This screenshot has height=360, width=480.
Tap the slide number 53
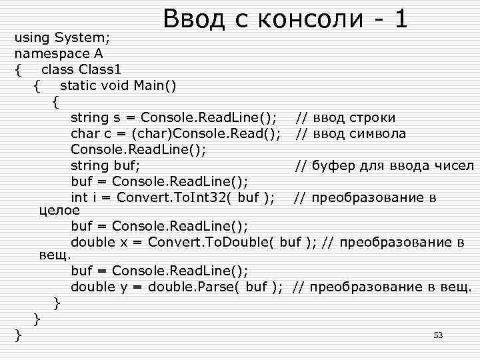click(438, 335)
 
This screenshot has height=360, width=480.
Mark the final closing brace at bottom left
click(19, 335)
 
